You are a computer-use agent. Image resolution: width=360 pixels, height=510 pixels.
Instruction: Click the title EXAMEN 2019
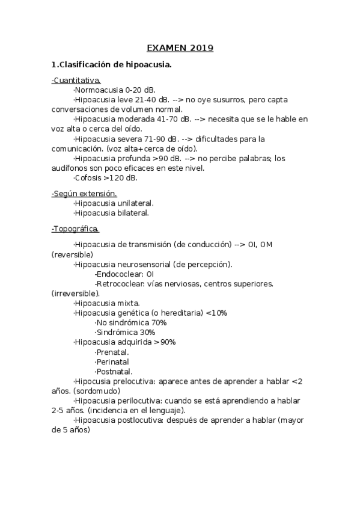pyautogui.click(x=180, y=48)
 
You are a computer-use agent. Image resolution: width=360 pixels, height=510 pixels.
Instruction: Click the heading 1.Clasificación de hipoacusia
pyautogui.click(x=112, y=64)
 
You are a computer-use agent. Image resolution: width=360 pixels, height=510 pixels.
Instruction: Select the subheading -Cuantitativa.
pyautogui.click(x=76, y=81)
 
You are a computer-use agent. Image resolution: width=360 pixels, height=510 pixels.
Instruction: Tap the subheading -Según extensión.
pyautogui.click(x=84, y=193)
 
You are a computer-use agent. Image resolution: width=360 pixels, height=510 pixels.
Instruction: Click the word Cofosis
pyautogui.click(x=88, y=178)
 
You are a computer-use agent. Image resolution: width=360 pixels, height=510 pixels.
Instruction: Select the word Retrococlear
pyautogui.click(x=117, y=283)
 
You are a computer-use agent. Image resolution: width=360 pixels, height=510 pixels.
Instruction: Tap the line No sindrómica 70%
pyautogui.click(x=131, y=322)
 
